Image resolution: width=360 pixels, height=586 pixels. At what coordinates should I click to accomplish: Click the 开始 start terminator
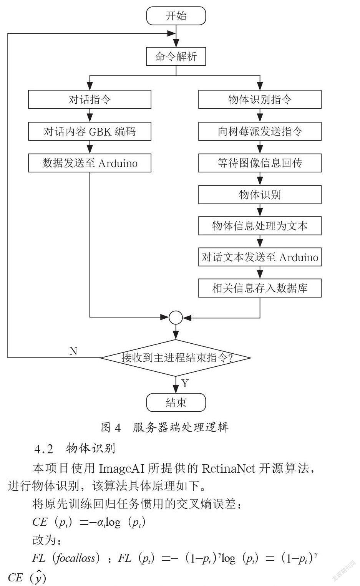point(176,16)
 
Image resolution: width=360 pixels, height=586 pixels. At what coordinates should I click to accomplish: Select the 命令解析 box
point(176,56)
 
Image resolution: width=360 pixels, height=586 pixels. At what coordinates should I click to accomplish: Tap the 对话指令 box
point(90,99)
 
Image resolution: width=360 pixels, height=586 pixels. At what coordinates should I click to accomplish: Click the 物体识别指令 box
point(260,99)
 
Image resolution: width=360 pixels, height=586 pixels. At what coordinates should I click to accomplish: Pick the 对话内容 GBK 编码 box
point(90,131)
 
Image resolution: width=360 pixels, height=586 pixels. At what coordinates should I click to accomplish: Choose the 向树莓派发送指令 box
point(260,131)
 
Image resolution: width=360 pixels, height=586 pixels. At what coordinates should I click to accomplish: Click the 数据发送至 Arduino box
point(90,163)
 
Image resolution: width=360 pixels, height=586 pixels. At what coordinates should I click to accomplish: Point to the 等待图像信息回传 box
point(260,163)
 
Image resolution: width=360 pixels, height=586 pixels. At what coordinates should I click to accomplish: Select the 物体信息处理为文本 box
point(260,225)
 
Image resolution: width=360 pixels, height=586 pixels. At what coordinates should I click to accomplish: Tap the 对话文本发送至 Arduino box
point(260,257)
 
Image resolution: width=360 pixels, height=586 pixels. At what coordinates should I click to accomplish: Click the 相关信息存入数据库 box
point(260,288)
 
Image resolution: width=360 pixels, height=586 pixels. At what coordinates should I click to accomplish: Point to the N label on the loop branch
point(73,351)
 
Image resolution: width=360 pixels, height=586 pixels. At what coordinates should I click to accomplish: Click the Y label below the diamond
point(185,384)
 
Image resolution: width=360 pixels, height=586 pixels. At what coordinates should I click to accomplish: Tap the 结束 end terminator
point(176,402)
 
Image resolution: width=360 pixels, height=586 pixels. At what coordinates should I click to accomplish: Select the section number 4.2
point(44,449)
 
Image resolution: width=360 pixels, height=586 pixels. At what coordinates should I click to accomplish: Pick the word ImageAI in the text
point(122,468)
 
